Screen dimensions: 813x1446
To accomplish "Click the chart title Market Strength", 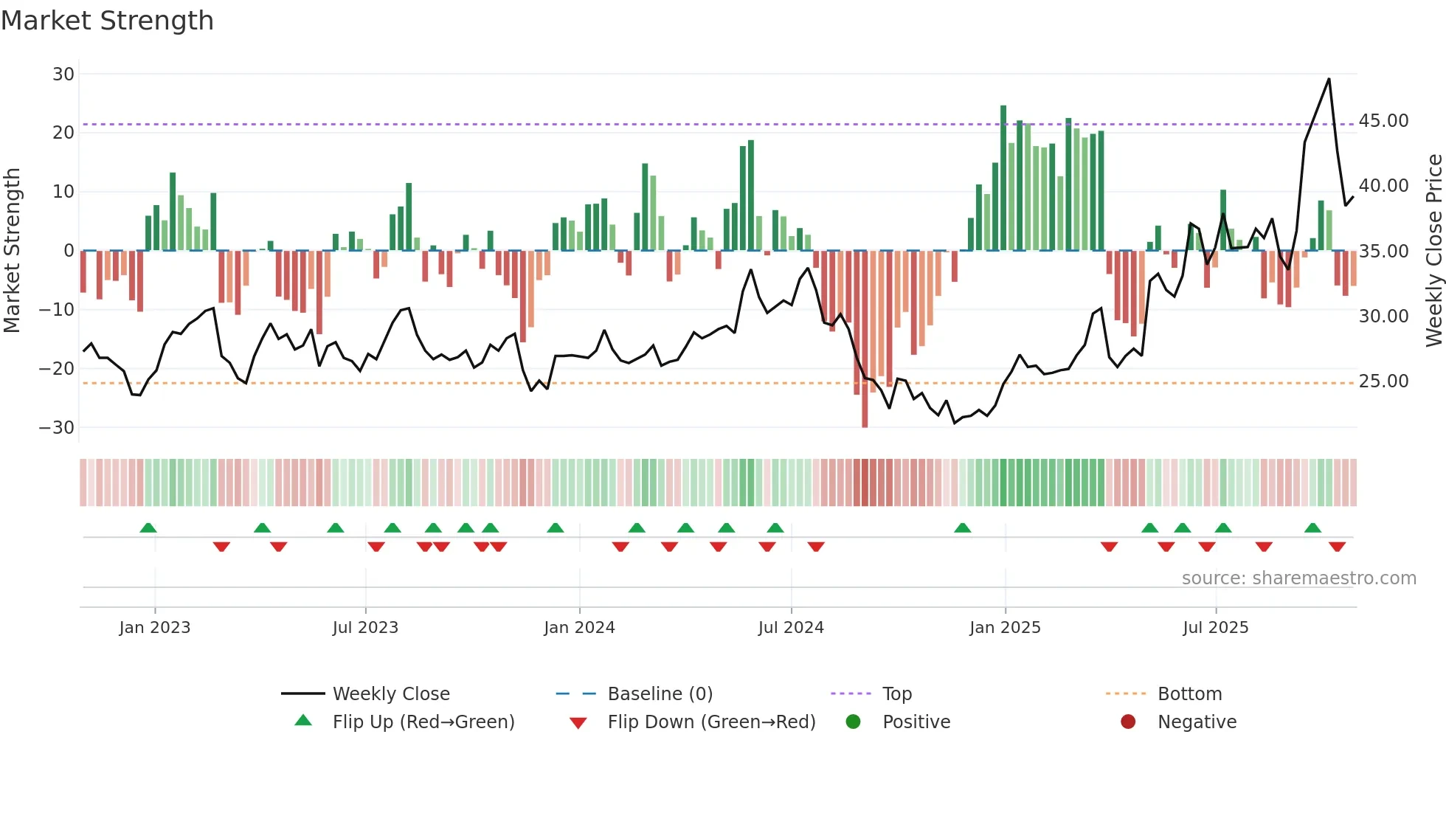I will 108,21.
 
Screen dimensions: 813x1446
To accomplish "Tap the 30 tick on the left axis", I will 63,74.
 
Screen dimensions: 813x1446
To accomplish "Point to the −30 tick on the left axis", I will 57,427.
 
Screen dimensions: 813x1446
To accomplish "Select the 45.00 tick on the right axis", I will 1383,121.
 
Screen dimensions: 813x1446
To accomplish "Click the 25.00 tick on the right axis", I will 1383,381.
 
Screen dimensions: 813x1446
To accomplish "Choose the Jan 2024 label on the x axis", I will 579,628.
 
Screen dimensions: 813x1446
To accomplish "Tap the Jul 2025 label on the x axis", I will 1215,628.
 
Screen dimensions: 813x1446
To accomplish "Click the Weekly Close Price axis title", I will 1433,251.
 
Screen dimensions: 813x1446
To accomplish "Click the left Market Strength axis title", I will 12,251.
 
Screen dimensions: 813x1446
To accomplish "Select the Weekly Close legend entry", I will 390,694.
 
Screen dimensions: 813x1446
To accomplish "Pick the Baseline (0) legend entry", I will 660,694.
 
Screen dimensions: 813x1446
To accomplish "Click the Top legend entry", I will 896,694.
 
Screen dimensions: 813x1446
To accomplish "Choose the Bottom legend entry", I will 1189,694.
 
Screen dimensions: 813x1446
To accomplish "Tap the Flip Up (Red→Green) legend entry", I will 423,722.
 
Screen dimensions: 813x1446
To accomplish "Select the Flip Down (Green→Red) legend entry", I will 711,722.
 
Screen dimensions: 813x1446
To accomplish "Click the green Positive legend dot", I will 853,722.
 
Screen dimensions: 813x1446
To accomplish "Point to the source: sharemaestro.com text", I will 1298,578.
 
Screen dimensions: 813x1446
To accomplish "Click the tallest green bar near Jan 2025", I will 1003,177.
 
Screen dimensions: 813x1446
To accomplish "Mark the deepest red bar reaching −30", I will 865,339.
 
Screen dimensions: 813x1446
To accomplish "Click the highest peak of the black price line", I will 1329,80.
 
